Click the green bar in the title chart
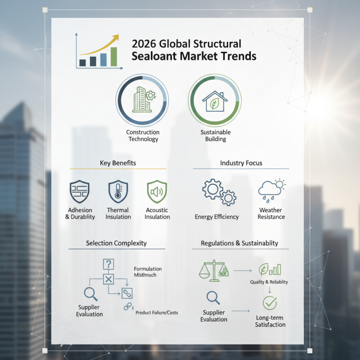pyautogui.click(x=114, y=57)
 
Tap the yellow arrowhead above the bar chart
pyautogui.click(x=116, y=37)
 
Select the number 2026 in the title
pyautogui.click(x=144, y=44)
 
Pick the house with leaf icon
pyautogui.click(x=215, y=101)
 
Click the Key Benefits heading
pyautogui.click(x=118, y=163)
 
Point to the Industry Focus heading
pyautogui.click(x=241, y=163)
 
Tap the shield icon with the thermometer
pyautogui.click(x=118, y=192)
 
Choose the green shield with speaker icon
pyautogui.click(x=157, y=192)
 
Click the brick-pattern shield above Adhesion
pyautogui.click(x=80, y=192)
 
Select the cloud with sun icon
pyautogui.click(x=272, y=190)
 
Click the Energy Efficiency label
pyautogui.click(x=217, y=217)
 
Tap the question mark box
pyautogui.click(x=108, y=264)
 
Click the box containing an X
pyautogui.click(x=108, y=279)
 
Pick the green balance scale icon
pyautogui.click(x=214, y=270)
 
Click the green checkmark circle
pyautogui.click(x=270, y=303)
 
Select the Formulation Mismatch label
pyautogui.click(x=148, y=272)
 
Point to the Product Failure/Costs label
pyautogui.click(x=157, y=312)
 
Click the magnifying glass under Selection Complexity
pyautogui.click(x=90, y=294)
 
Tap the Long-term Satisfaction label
pyautogui.click(x=270, y=321)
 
